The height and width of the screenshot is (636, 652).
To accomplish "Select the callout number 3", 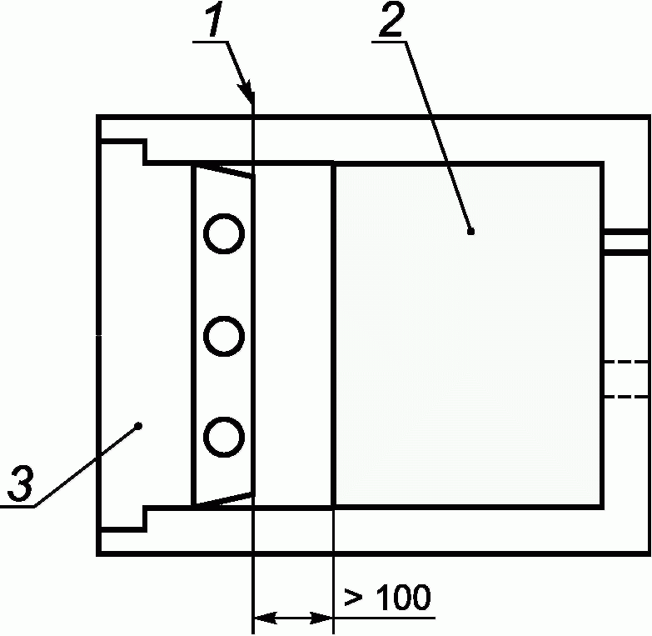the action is [x=22, y=485].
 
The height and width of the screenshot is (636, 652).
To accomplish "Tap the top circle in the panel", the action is [x=225, y=234].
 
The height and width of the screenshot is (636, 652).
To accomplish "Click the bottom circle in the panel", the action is [x=225, y=435].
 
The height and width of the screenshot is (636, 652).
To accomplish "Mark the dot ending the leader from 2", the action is [x=470, y=232].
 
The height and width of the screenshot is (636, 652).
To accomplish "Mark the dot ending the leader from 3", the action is [x=139, y=426].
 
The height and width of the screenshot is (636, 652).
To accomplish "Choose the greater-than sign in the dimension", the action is [x=351, y=598].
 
